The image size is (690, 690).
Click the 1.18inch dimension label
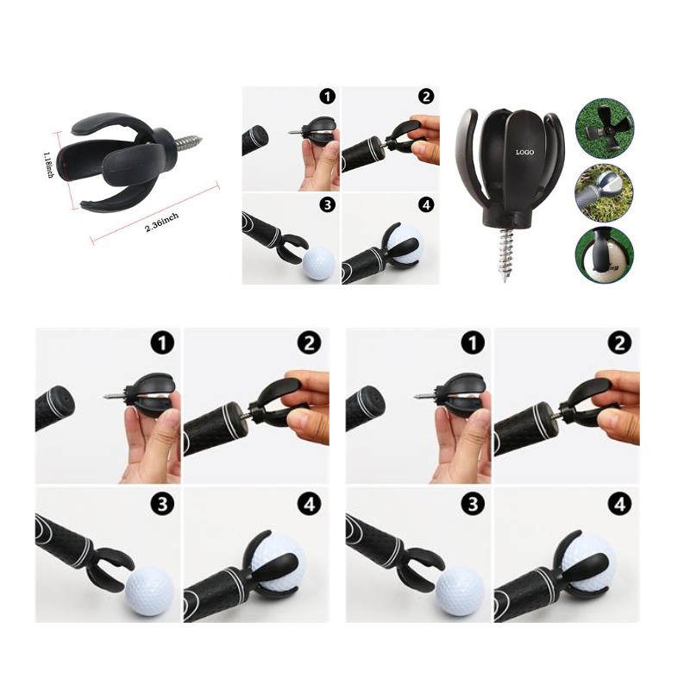coord(48,165)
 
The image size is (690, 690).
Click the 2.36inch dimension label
coord(162,223)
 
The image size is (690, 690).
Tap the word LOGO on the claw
coord(524,153)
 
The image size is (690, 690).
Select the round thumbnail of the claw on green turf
coord(605,127)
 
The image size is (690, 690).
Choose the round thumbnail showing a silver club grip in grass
coord(605,192)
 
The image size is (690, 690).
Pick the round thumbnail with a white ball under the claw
coord(605,255)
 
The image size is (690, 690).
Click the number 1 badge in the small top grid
coord(327,96)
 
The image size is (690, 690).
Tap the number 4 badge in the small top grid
coord(426,204)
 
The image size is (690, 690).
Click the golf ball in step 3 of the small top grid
coord(318,263)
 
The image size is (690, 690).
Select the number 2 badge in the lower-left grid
coord(310,342)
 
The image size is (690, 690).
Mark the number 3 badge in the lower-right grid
coord(473,504)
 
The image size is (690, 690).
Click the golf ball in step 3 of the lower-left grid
coord(150,591)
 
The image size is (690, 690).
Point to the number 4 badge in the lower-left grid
coord(310,504)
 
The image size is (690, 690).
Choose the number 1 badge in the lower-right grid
coord(473,342)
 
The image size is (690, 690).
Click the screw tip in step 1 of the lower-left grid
coord(105,397)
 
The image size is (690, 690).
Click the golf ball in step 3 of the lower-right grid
coord(461,591)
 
